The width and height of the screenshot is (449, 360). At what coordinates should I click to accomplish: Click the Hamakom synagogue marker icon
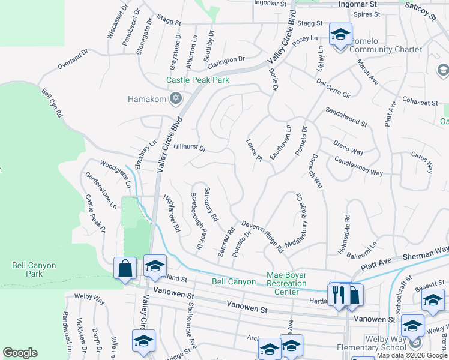tap(176, 98)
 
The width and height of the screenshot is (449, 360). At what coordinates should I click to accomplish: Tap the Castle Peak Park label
tap(197, 80)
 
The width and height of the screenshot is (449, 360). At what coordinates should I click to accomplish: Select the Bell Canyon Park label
tap(34, 269)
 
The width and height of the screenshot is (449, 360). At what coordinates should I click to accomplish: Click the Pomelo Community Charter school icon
tap(340, 35)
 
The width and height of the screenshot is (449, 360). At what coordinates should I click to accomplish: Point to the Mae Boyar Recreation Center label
tap(287, 284)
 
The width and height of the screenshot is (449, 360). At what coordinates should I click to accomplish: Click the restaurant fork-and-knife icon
tap(339, 294)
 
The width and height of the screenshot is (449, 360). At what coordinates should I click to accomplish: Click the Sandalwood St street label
tap(346, 117)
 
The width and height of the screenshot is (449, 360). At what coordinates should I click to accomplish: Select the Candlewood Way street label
tap(358, 167)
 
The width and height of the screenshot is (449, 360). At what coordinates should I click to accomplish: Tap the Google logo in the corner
tap(20, 353)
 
